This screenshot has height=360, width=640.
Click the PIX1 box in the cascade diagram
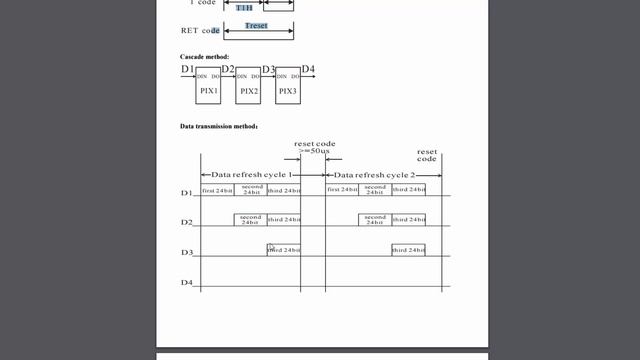pyautogui.click(x=209, y=85)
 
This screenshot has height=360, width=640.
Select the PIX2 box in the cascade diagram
pyautogui.click(x=248, y=86)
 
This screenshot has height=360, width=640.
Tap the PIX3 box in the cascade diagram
pyautogui.click(x=287, y=86)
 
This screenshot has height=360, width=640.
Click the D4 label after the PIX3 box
pyautogui.click(x=308, y=70)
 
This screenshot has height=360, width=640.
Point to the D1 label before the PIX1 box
pyautogui.click(x=187, y=70)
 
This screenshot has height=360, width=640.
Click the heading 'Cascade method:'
pyautogui.click(x=205, y=56)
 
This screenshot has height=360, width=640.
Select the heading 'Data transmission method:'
pyautogui.click(x=219, y=127)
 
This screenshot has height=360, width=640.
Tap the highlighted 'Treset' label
pyautogui.click(x=256, y=25)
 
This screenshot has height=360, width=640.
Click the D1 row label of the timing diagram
pyautogui.click(x=186, y=192)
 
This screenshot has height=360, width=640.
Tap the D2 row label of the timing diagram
pyautogui.click(x=186, y=222)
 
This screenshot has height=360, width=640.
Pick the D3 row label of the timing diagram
pyautogui.click(x=186, y=253)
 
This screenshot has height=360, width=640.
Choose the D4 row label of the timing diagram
pyautogui.click(x=186, y=283)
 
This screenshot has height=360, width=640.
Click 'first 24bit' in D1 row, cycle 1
pyautogui.click(x=217, y=190)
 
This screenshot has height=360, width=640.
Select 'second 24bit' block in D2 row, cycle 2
pyautogui.click(x=375, y=219)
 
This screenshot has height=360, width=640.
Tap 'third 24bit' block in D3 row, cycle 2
pyautogui.click(x=408, y=250)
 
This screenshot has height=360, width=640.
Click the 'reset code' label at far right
pyautogui.click(x=427, y=155)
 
